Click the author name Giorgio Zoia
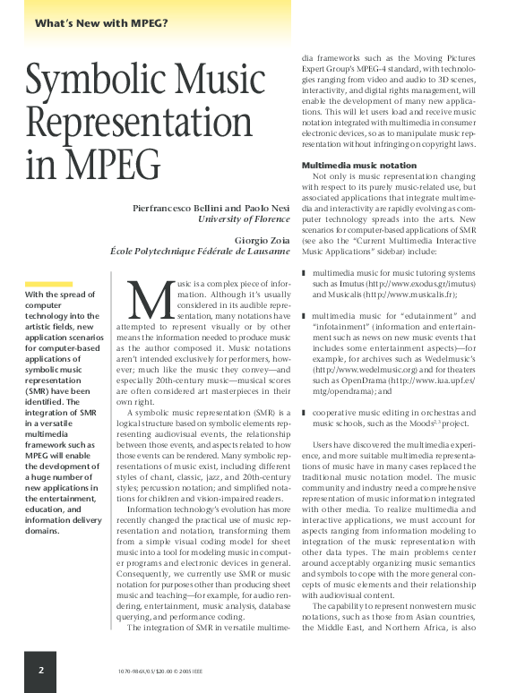coord(263,240)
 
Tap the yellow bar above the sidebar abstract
coord(48,283)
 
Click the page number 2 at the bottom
coord(41,669)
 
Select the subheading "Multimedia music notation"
coord(358,166)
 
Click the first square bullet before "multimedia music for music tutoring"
coord(304,271)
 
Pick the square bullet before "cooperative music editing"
coord(304,413)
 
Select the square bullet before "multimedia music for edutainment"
coord(304,316)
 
